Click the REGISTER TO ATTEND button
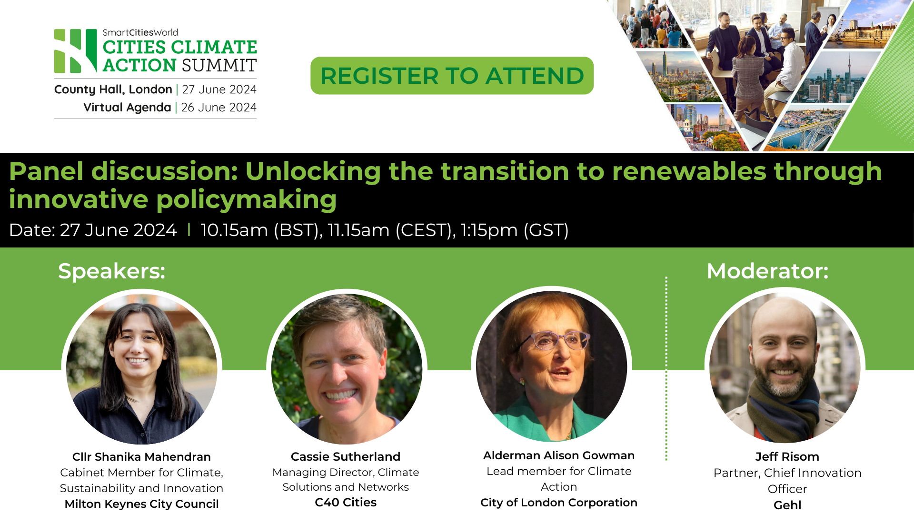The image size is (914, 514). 452,76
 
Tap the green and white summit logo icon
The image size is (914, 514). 75,51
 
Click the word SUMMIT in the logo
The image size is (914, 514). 219,66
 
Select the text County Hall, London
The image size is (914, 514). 113,89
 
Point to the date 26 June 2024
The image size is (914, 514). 219,108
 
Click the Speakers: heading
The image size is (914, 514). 111,271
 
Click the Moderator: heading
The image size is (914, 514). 767,271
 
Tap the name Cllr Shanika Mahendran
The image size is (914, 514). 141,457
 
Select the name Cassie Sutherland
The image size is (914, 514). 346,457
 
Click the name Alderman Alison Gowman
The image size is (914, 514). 559,455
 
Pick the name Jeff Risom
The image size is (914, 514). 787,457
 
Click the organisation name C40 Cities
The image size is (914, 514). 346,503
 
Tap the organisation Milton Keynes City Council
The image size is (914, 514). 141,504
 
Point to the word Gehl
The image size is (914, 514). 787,505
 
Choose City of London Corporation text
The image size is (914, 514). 559,503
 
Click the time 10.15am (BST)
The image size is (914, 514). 260,230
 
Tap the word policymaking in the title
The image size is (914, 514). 246,199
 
